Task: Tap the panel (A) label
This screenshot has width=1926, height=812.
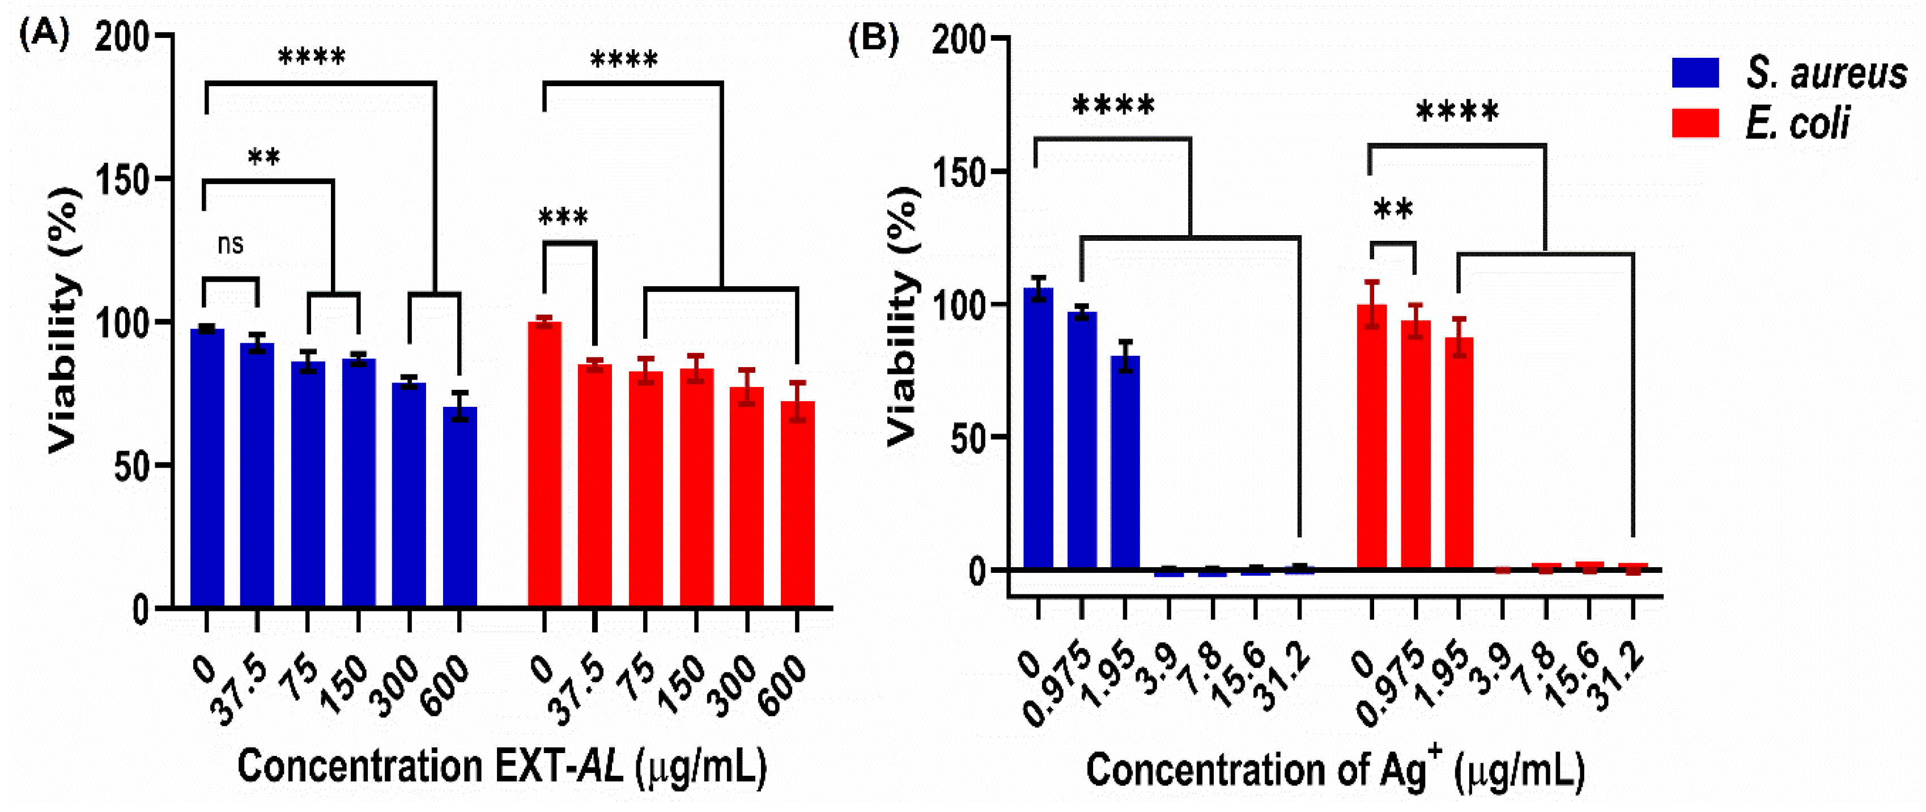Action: coord(45,33)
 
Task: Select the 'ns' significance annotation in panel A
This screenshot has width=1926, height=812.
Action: coord(230,244)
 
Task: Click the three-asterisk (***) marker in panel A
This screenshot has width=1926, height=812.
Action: coord(563,218)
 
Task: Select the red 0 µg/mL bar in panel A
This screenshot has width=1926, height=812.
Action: coord(545,464)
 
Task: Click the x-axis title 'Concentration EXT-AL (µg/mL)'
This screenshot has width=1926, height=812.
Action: coord(501,767)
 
